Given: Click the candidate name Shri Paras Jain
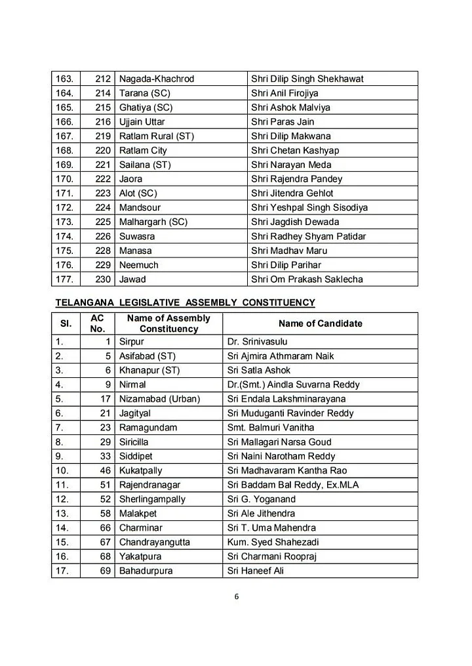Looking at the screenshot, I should point(283,122).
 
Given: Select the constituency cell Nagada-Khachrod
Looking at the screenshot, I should point(157,79).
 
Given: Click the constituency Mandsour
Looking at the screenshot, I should point(140,208).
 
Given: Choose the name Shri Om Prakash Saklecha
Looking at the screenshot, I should point(307,280).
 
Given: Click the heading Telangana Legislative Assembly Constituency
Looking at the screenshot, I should point(186,303).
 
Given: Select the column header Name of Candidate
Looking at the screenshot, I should point(320,323).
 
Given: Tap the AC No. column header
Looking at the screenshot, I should point(97,323).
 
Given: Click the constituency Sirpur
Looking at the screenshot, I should point(132,342).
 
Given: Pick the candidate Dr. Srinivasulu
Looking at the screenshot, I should point(257,342).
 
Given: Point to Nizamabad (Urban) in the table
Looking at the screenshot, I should point(159,399).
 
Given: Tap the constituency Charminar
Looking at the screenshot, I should point(140,528).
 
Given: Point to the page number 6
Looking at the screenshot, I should point(235,597).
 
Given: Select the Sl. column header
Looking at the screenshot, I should point(66,323).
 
